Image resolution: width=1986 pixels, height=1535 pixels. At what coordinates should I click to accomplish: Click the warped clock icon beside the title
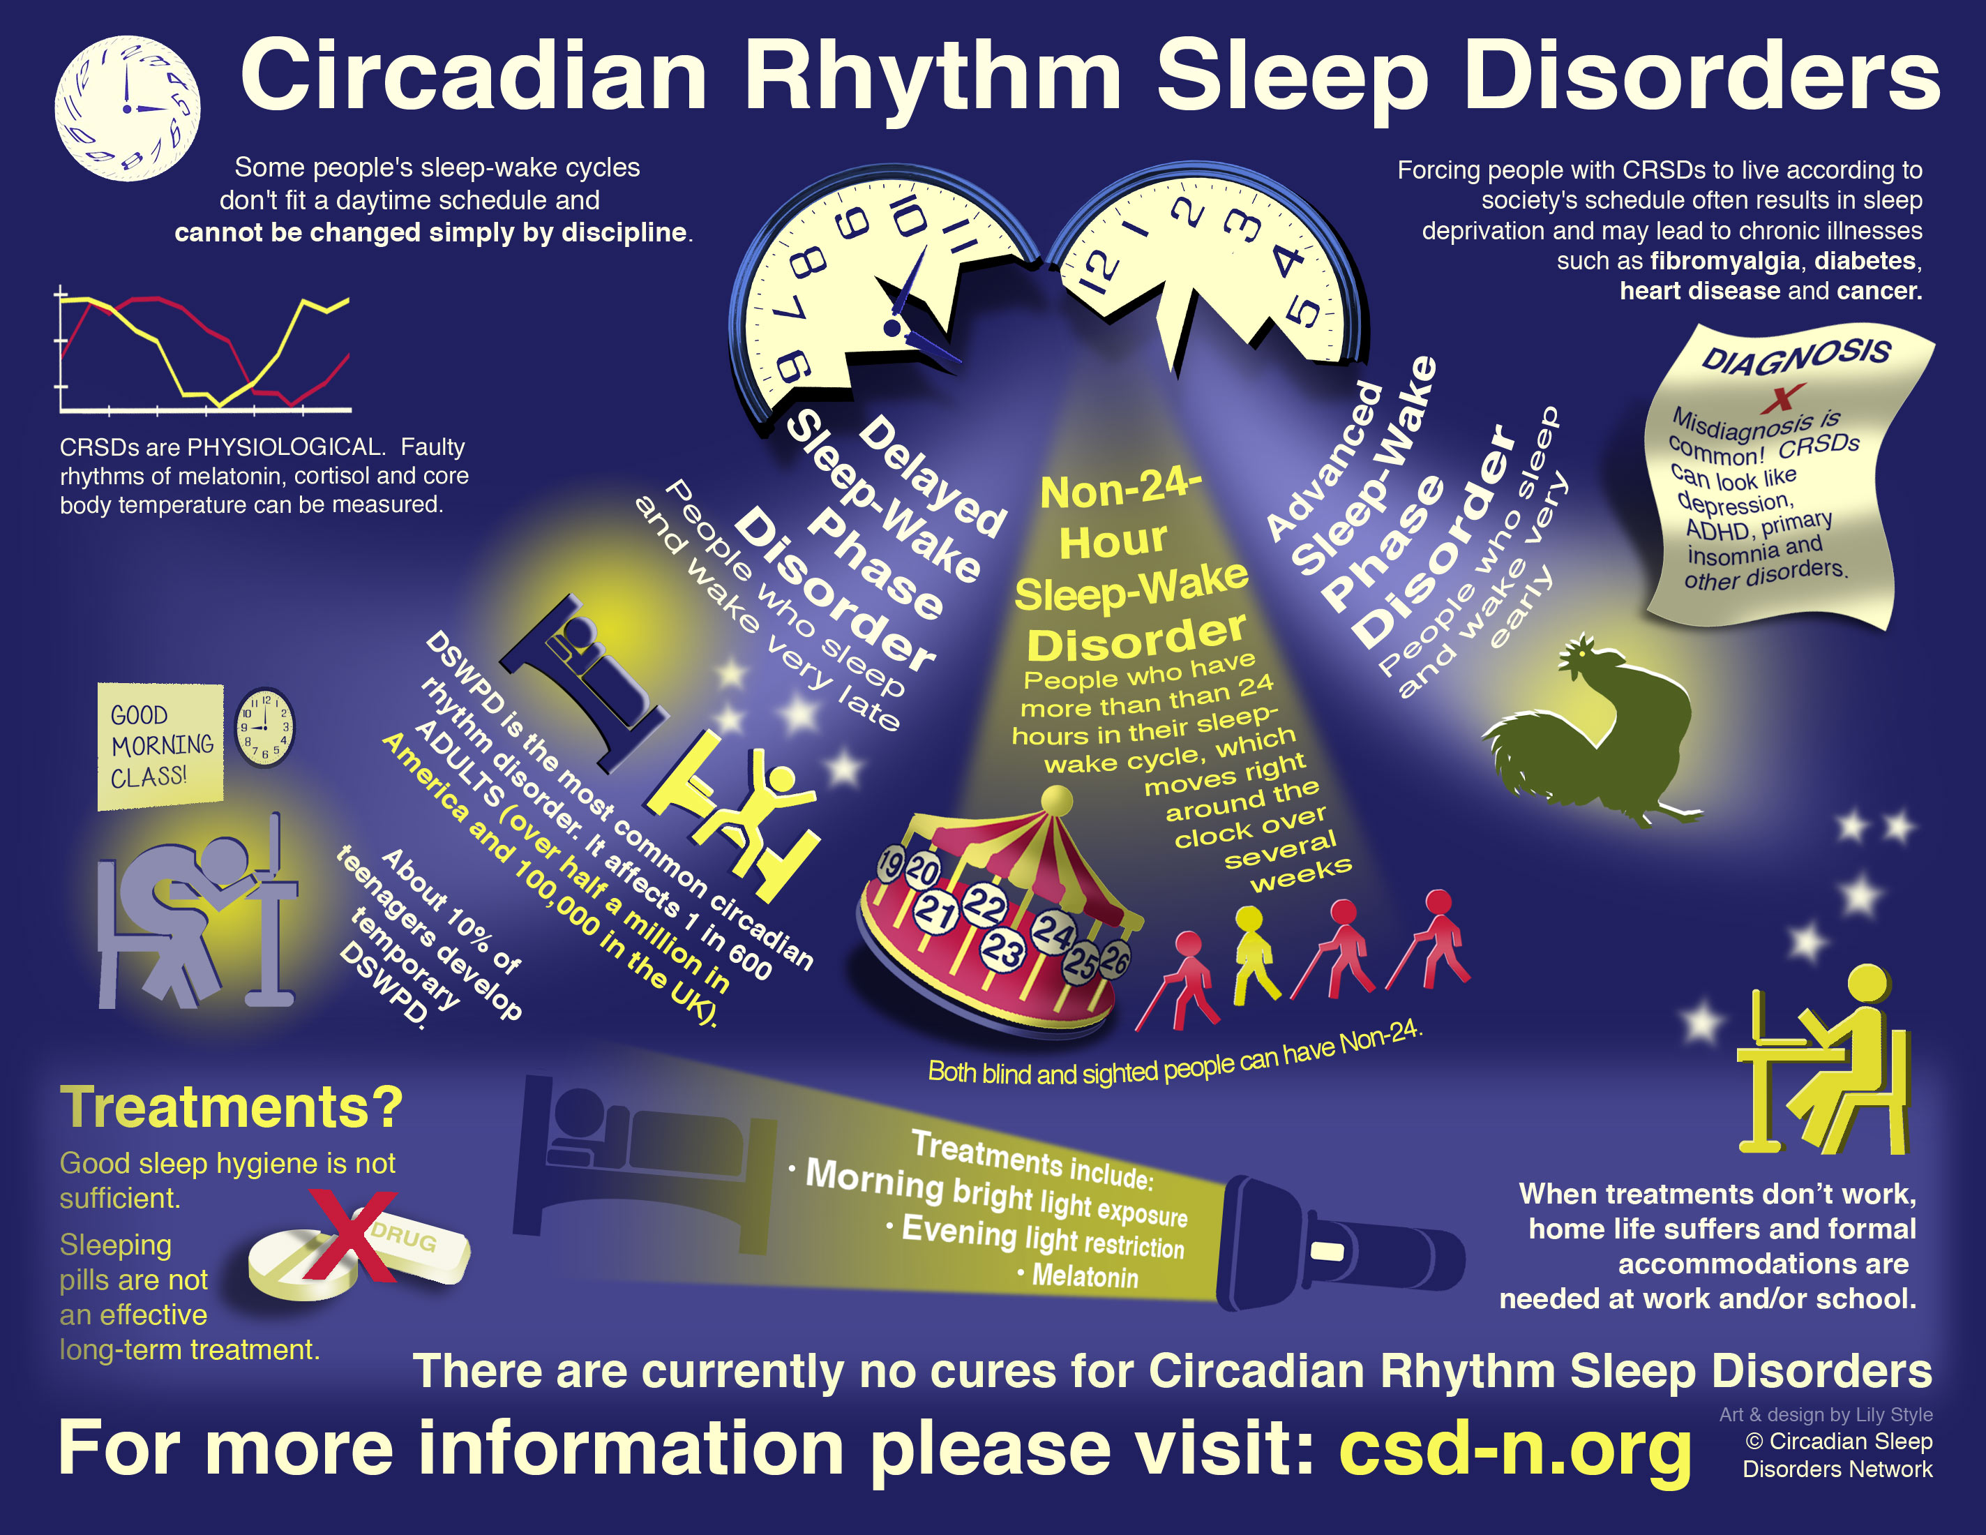click(x=127, y=108)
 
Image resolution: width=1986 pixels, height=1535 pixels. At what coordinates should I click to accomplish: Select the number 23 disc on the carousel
click(x=1003, y=950)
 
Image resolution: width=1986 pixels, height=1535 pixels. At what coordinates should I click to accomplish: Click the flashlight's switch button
click(x=1327, y=1252)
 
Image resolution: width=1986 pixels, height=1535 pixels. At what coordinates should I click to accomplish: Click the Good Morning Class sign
click(x=160, y=746)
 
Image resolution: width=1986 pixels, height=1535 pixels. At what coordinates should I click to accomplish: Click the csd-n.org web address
click(x=1514, y=1448)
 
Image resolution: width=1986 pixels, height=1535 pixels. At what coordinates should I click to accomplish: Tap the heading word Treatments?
click(x=232, y=1107)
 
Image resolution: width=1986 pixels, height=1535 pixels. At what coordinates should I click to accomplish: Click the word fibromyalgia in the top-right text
click(x=1725, y=261)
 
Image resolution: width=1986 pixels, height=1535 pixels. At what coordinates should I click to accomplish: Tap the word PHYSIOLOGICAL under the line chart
click(x=285, y=447)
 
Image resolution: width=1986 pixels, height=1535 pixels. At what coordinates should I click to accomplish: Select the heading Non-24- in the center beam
click(x=1120, y=489)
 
